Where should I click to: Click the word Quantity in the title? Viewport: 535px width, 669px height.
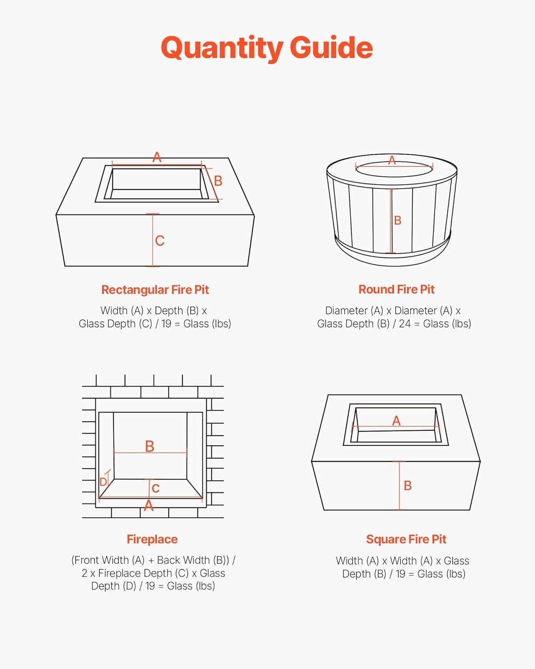click(222, 49)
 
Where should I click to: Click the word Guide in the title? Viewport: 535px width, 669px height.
click(331, 47)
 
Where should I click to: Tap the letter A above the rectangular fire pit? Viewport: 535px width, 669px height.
click(157, 157)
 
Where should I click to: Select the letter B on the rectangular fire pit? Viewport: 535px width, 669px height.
click(218, 181)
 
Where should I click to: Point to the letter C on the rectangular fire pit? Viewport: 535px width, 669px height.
click(160, 240)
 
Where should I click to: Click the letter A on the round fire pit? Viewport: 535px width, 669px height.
click(392, 160)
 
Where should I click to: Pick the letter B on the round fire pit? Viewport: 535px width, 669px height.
click(398, 220)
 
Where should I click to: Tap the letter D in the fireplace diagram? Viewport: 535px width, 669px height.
click(103, 482)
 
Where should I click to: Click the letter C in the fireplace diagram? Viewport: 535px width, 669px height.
click(156, 488)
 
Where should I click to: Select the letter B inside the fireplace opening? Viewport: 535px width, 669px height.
click(149, 446)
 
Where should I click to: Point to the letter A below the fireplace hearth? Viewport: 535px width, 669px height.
click(149, 506)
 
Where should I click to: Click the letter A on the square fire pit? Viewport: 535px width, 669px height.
click(396, 421)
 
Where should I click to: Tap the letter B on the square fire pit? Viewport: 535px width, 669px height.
click(407, 485)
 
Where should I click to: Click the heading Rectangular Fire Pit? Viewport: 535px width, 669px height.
click(155, 290)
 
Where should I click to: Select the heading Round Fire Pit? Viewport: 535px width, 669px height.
click(396, 289)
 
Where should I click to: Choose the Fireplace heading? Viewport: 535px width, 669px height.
click(152, 539)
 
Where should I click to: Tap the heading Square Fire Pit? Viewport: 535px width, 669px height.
click(406, 539)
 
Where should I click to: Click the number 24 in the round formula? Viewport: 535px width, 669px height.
click(405, 324)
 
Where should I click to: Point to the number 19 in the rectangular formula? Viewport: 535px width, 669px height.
click(166, 324)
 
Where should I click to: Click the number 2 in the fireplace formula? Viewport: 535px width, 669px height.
click(85, 573)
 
